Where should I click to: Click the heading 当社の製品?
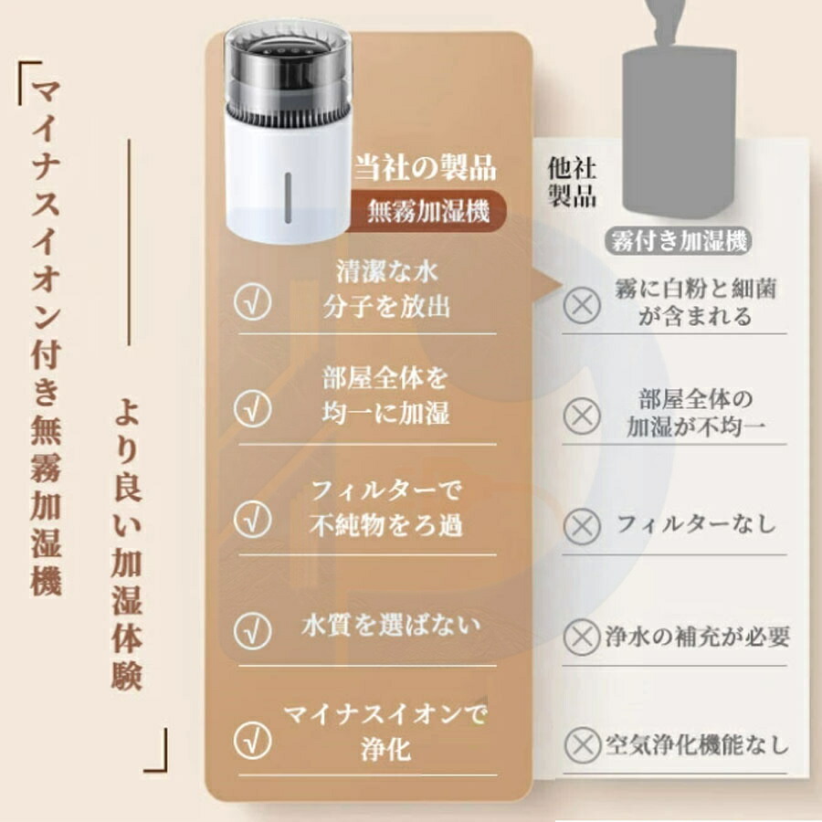coord(425,167)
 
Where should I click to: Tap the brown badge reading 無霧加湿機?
coord(427,212)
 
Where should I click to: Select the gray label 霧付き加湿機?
coord(679,242)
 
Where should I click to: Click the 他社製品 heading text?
coord(572,182)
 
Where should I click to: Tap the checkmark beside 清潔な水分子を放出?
coord(253,302)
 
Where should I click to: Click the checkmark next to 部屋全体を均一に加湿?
coord(253,408)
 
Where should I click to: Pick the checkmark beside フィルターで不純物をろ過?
coord(253,519)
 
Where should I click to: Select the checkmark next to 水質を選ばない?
coord(253,630)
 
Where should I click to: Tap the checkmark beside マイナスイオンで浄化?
coord(253,740)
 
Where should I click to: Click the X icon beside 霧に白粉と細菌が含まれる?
coord(582,304)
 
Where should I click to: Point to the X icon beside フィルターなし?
coord(582,526)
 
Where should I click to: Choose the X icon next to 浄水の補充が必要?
coord(582,637)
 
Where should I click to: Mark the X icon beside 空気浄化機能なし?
coord(582,744)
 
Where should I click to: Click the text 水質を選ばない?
coord(391,626)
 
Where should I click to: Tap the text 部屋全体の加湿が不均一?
coord(696,413)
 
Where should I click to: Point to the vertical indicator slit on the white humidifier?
coord(288,197)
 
